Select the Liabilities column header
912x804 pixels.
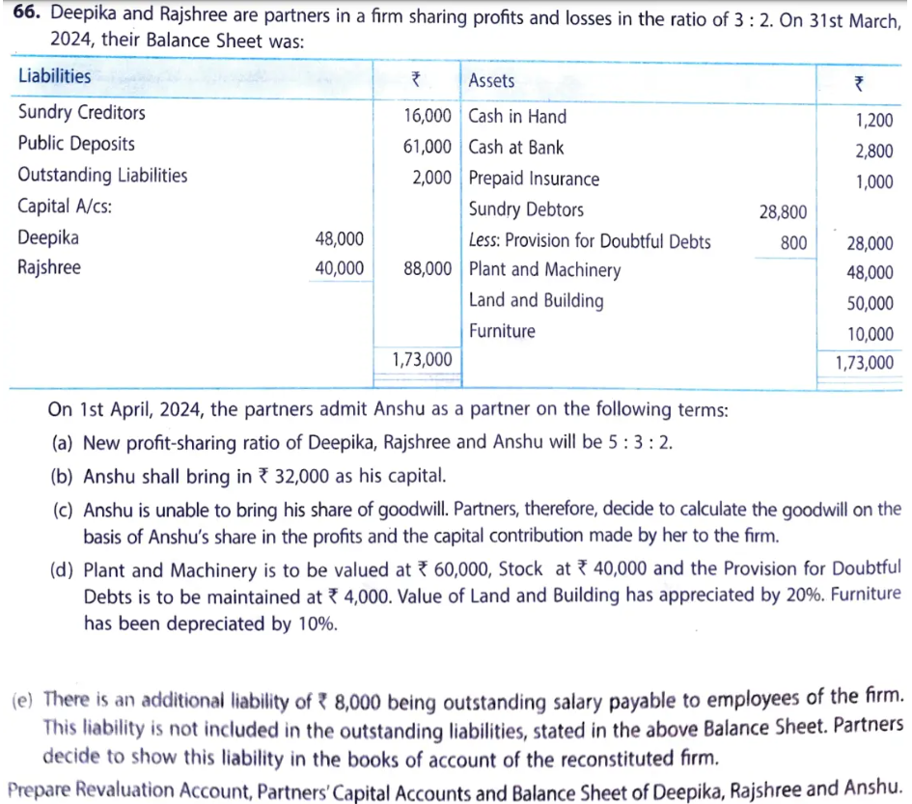[55, 76]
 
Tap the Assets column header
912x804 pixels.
[491, 81]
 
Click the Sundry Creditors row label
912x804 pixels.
[82, 113]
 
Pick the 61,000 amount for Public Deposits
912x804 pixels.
[427, 148]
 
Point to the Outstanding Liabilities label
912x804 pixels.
[103, 176]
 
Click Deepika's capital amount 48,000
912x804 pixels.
[339, 237]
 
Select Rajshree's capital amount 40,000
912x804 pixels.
[339, 267]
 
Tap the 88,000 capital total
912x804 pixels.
[427, 269]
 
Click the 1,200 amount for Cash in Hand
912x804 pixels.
[874, 121]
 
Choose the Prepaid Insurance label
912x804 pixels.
[534, 180]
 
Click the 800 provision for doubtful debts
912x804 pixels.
[793, 242]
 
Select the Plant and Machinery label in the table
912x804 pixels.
[544, 270]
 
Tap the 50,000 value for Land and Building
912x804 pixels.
[870, 304]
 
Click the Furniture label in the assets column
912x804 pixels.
[502, 331]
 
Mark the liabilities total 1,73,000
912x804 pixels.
[422, 359]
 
